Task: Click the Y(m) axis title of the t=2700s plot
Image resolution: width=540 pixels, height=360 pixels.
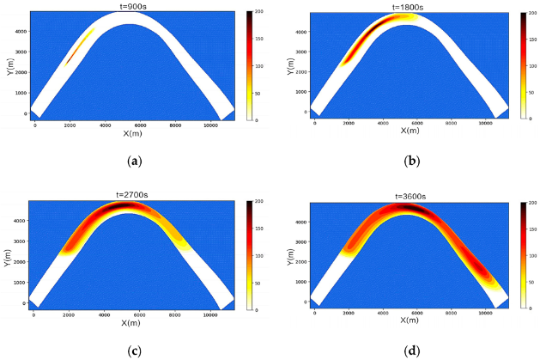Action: click(9, 255)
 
